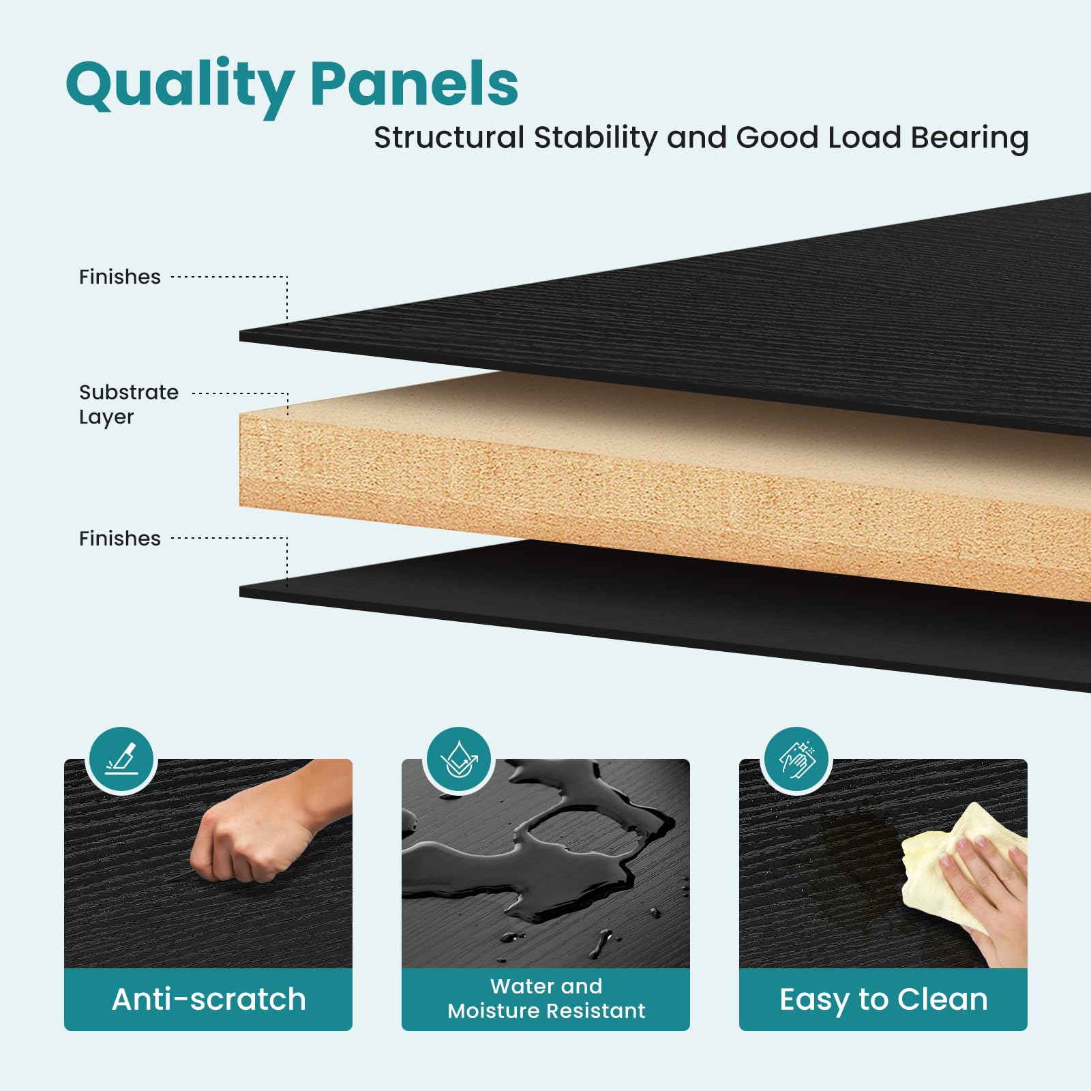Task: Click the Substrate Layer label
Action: pyautogui.click(x=128, y=404)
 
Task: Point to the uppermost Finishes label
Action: pyautogui.click(x=120, y=277)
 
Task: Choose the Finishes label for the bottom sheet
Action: pyautogui.click(x=120, y=539)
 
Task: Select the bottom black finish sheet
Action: pyautogui.click(x=682, y=607)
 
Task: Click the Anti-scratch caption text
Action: pyautogui.click(x=209, y=1000)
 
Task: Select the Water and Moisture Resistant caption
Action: pyautogui.click(x=546, y=998)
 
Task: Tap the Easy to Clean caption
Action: pyautogui.click(x=883, y=1000)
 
